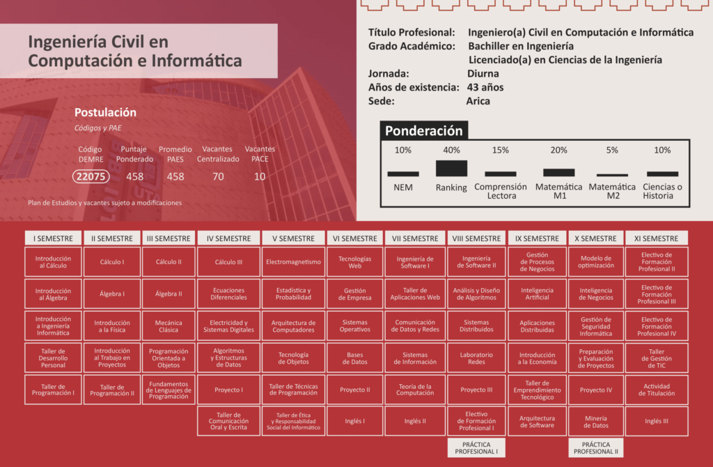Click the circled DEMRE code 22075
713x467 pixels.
click(x=91, y=176)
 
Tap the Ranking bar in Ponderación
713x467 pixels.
click(x=451, y=168)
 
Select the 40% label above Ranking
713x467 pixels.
click(x=451, y=150)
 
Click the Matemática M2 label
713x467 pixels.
click(x=612, y=191)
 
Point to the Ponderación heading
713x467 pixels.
click(x=423, y=130)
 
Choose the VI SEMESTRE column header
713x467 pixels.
click(x=355, y=238)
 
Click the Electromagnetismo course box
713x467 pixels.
click(x=293, y=262)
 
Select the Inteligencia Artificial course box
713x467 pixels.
click(x=537, y=293)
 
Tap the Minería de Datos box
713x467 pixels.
click(x=595, y=421)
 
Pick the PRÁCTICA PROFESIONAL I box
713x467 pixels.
click(x=476, y=447)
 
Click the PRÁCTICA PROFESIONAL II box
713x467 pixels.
click(x=595, y=447)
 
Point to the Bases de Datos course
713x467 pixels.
click(x=355, y=358)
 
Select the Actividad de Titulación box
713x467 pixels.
click(x=656, y=390)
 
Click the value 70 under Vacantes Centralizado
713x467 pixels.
click(x=218, y=176)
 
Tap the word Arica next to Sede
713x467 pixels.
click(x=478, y=101)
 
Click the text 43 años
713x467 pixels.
click(x=485, y=87)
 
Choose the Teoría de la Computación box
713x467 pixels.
click(x=415, y=390)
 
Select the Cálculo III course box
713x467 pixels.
click(x=228, y=262)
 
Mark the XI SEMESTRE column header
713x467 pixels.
click(x=656, y=238)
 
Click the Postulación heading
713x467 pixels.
click(x=105, y=112)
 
